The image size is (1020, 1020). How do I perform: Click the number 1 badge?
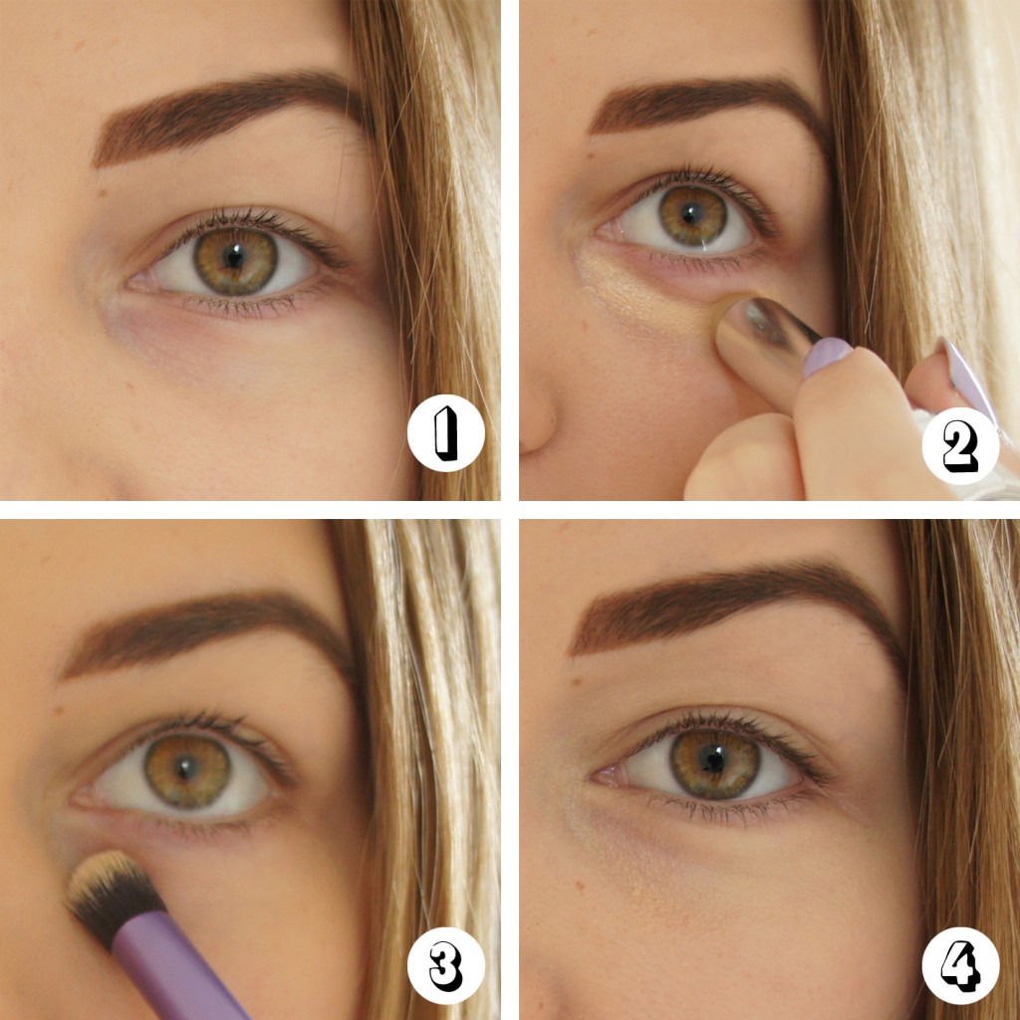click(445, 436)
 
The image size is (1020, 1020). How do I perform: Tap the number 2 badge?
click(958, 447)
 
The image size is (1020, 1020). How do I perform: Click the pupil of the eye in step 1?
click(235, 259)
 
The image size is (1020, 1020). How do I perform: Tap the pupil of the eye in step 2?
click(693, 214)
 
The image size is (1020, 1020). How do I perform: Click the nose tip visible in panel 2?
click(538, 418)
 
